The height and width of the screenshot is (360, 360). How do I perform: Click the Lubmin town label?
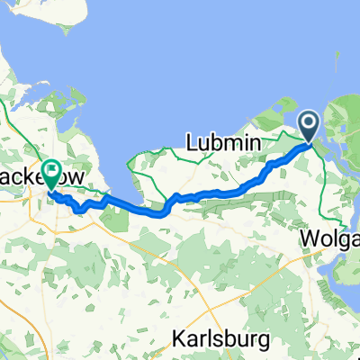point(222,141)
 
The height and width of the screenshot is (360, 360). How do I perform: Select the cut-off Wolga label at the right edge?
point(329,239)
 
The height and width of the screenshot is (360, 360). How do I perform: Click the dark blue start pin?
point(309,127)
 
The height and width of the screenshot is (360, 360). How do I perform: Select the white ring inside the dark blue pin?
point(309,122)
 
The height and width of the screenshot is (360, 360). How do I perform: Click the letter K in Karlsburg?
point(174,341)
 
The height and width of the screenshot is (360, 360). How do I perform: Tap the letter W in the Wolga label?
point(308,239)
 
